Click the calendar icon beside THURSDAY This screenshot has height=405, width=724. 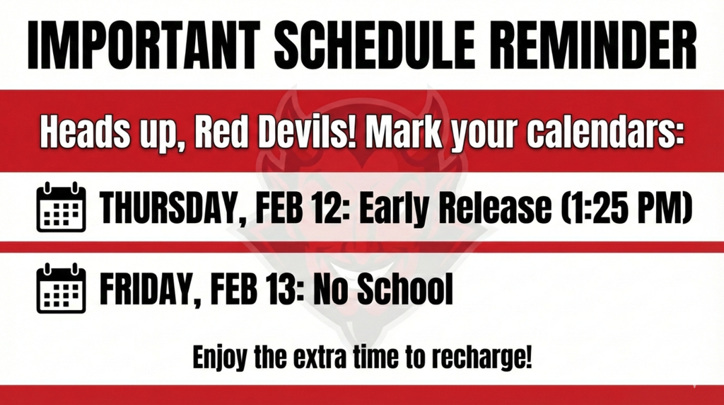point(61,207)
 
